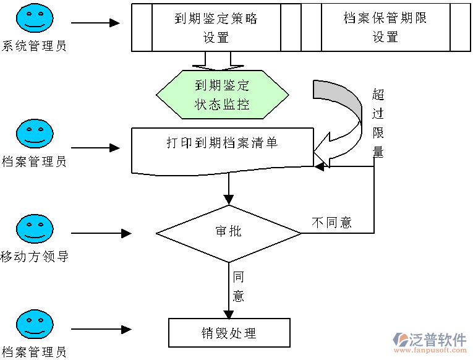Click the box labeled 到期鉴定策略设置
216,27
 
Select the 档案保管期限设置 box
385,27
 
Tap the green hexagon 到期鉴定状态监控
221,95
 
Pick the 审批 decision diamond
228,233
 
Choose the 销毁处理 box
229,333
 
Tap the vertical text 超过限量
378,123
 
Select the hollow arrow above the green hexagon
212,61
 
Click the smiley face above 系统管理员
35,19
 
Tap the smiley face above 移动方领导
35,229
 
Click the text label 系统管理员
34,46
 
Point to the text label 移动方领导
34,256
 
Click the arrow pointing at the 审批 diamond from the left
101,234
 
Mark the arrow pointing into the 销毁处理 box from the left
101,330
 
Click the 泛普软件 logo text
438,339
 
